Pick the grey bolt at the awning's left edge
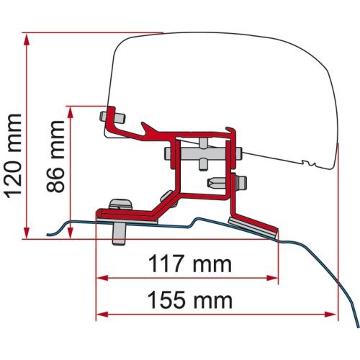pyautogui.click(x=111, y=114)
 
